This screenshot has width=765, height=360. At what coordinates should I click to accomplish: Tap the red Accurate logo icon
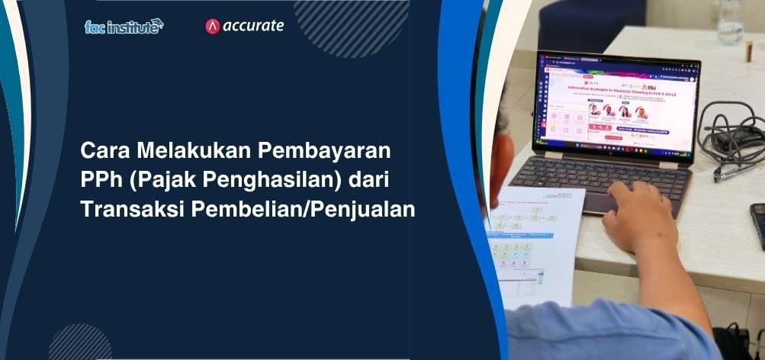coord(213,26)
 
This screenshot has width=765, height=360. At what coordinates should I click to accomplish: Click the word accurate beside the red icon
coord(252,26)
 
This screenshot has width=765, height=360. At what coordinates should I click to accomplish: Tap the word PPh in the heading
coord(100,180)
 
